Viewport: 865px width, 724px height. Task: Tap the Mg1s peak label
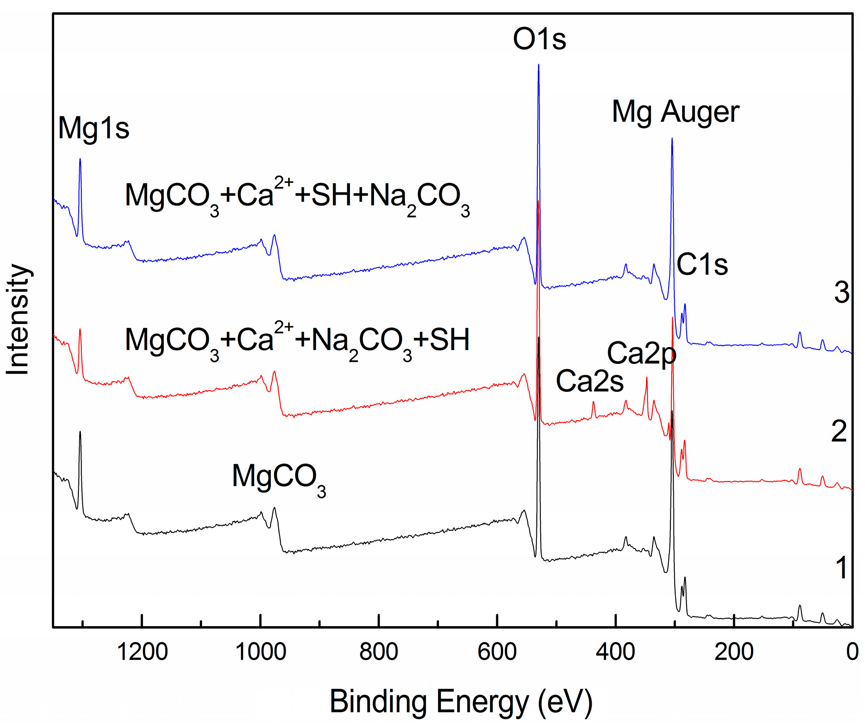[94, 128]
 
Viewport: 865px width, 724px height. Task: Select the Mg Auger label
[675, 112]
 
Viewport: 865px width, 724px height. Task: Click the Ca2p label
[641, 354]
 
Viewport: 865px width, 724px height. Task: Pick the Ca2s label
[589, 381]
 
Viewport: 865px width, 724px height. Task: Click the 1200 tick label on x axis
[142, 652]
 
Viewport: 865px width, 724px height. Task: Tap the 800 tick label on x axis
[379, 652]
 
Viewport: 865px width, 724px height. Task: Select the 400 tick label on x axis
[615, 652]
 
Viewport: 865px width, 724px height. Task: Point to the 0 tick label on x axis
[852, 652]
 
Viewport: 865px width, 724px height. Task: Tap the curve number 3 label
[841, 293]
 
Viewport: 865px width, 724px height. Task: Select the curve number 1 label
[841, 568]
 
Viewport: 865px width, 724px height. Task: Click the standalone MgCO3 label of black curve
[279, 478]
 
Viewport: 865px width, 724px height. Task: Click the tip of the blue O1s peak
[539, 65]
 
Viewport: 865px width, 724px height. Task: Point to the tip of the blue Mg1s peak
[80, 159]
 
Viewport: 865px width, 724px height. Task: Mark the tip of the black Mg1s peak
[80, 432]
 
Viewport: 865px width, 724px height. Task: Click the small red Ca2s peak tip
[593, 402]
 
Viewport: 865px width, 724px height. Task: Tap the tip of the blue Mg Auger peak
[672, 139]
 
